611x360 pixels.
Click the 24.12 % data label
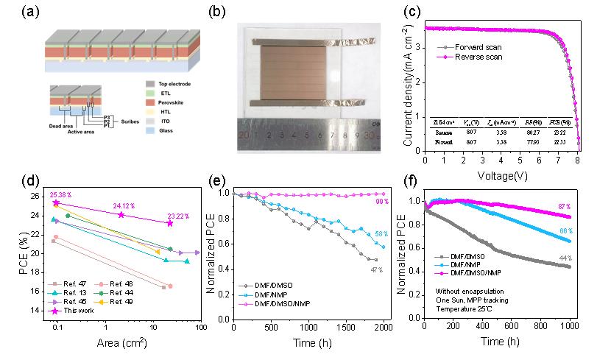pos(125,206)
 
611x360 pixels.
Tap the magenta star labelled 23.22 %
pos(169,223)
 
